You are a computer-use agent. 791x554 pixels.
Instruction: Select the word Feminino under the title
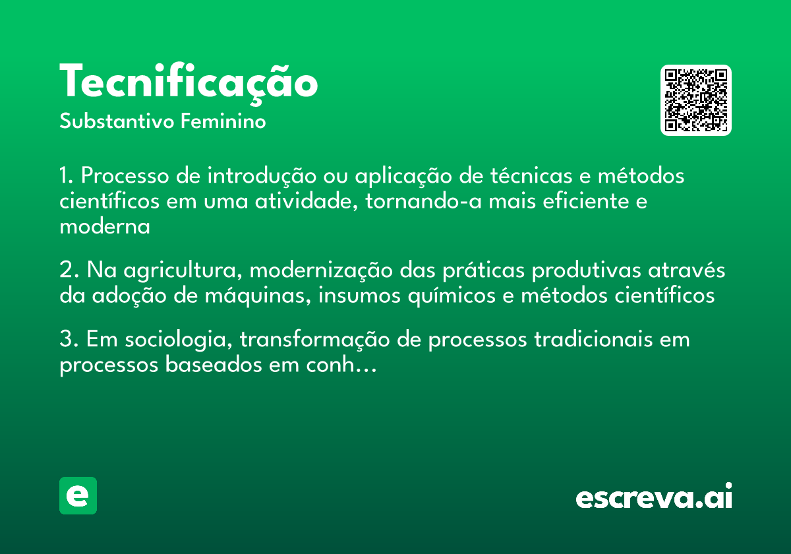coord(223,122)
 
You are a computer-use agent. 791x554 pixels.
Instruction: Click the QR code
coord(696,100)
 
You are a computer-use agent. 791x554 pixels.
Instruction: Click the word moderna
coord(105,227)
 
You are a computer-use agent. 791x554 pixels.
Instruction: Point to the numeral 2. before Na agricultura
coord(69,271)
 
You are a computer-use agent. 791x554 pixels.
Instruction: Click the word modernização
coord(323,271)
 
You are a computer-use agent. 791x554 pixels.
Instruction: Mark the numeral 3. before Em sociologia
coord(69,340)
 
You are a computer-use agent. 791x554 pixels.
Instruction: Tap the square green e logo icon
coord(78,495)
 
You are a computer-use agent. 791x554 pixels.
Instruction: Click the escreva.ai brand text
coord(654,496)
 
